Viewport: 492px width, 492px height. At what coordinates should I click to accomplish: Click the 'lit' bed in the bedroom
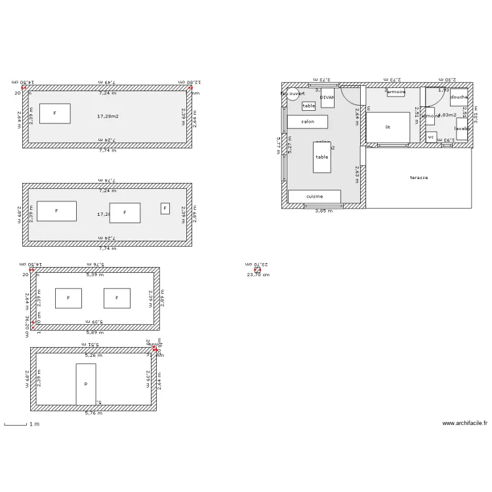tap(388, 127)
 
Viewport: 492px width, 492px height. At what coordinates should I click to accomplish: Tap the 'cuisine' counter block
tap(314, 197)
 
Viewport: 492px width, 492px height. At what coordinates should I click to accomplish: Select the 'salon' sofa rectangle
tap(307, 122)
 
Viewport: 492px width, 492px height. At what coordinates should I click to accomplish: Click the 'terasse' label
tap(419, 178)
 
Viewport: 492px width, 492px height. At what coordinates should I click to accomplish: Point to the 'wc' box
tap(431, 137)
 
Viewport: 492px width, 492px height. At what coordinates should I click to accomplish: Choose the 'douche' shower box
tap(459, 97)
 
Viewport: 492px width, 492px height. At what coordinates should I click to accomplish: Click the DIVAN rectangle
tap(327, 98)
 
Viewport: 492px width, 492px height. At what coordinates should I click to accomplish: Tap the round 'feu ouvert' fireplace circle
tap(293, 94)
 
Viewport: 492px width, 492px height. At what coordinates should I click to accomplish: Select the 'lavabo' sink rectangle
tap(462, 129)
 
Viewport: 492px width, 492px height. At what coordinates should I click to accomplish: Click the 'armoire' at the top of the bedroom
tap(396, 92)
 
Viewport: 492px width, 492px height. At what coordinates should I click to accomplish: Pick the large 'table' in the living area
tap(321, 157)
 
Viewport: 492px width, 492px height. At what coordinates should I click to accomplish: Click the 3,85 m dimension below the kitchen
tap(323, 211)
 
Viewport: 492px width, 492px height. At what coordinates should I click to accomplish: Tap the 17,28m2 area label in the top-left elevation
tap(108, 116)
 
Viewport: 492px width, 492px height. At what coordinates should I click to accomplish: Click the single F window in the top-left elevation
tap(54, 113)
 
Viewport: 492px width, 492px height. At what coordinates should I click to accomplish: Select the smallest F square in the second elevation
tap(165, 209)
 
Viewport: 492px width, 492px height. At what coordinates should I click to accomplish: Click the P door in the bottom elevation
tap(85, 384)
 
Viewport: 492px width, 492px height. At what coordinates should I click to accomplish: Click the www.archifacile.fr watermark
tap(464, 424)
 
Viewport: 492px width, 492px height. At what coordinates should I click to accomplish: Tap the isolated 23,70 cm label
tap(258, 275)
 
